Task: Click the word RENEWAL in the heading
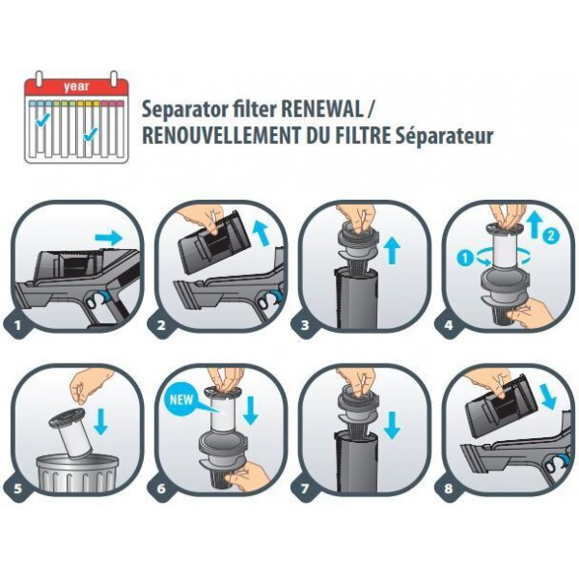(x=322, y=109)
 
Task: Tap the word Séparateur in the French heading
(x=444, y=136)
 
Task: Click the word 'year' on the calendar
(x=76, y=87)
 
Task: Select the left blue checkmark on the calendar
(x=42, y=120)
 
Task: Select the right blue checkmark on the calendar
(x=91, y=134)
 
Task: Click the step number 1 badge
(x=17, y=325)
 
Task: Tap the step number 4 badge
(x=449, y=325)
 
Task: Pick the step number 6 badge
(x=161, y=488)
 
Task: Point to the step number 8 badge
(x=449, y=488)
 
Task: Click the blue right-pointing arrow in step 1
(x=108, y=238)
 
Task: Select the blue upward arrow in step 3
(x=392, y=250)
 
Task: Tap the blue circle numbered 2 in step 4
(x=550, y=235)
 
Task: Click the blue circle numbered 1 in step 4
(x=465, y=258)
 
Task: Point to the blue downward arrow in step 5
(x=100, y=421)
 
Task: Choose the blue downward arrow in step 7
(x=392, y=425)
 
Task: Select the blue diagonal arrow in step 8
(x=548, y=396)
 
